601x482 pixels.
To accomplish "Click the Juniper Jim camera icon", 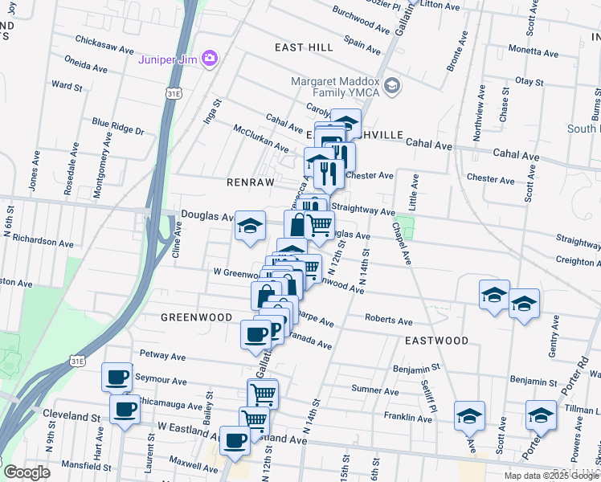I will (210, 58).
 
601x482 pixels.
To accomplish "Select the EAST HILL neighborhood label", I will (304, 47).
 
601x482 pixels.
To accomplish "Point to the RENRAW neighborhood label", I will (249, 182).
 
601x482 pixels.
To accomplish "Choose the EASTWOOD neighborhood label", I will (436, 341).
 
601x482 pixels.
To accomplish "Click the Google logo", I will (27, 472).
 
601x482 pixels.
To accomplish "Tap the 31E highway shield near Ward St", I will (173, 94).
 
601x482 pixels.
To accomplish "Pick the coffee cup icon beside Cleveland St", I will (125, 409).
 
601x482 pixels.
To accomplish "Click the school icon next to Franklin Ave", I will (469, 415).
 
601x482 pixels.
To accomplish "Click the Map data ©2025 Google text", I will (551, 475).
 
